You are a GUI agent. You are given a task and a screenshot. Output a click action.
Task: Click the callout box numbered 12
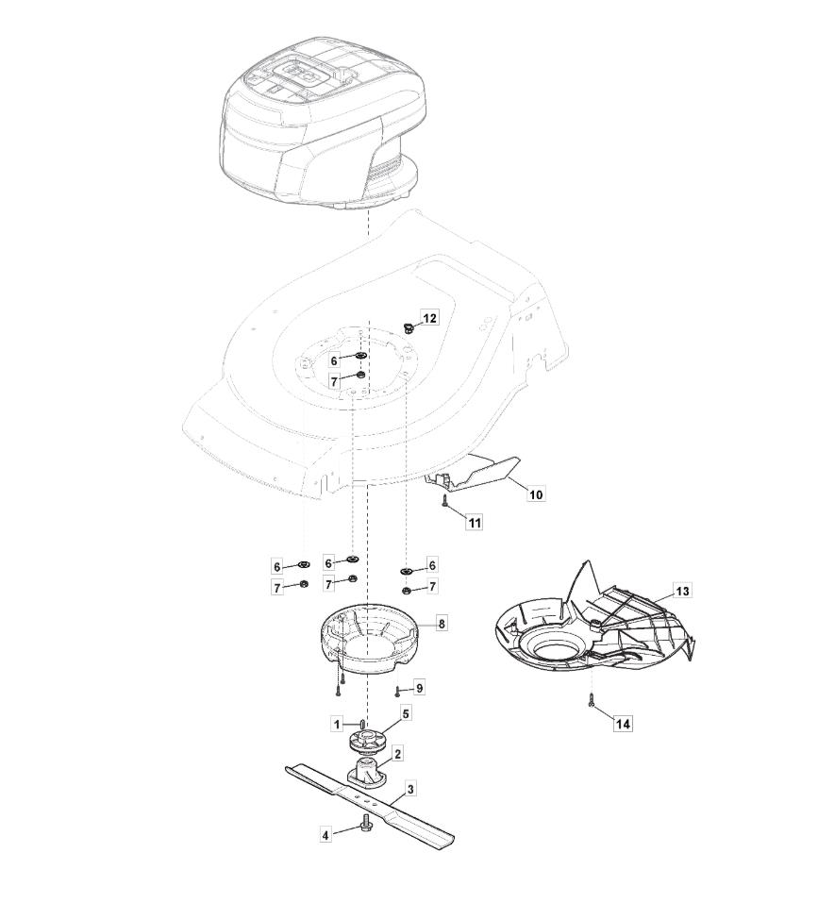pos(430,319)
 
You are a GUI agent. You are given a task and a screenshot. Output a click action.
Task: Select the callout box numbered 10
pos(536,494)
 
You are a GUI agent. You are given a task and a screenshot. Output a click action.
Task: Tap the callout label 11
pos(475,523)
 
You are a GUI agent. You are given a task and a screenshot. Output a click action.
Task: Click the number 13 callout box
pos(683,592)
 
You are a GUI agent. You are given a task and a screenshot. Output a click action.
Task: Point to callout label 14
pos(623,724)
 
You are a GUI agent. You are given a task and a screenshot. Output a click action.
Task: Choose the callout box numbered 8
pos(442,624)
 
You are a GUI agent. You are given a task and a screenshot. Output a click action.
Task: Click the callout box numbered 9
pos(420,688)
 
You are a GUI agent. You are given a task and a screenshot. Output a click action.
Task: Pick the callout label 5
pos(406,714)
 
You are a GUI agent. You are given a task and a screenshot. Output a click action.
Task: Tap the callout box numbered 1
pos(338,724)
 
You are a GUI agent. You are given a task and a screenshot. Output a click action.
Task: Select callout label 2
pos(398,753)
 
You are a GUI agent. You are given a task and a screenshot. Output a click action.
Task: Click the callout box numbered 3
pos(410,789)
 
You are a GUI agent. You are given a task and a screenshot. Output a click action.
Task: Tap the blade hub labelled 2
pos(366,772)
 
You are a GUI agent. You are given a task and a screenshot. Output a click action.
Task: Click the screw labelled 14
pos(593,700)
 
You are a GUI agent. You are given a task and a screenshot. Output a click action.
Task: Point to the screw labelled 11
pos(444,501)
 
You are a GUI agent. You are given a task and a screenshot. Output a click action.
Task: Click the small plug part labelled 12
pos(409,328)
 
